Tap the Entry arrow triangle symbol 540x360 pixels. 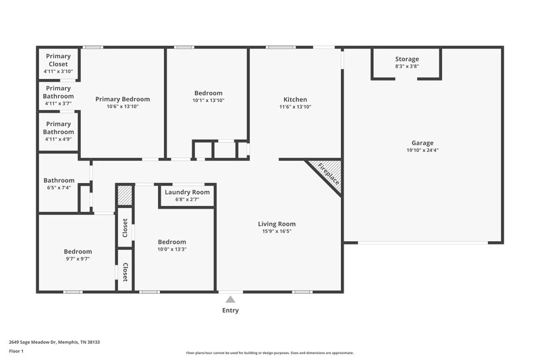point(230,299)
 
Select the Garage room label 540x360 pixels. point(423,143)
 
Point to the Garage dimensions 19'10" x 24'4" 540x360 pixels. point(423,151)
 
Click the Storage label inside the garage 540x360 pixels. point(407,59)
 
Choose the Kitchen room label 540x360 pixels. point(296,99)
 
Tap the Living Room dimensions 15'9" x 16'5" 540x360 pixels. point(277,232)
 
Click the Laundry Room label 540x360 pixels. point(187,192)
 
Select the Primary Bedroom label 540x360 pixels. point(122,99)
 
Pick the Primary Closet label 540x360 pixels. point(58,60)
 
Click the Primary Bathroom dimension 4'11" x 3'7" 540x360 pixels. point(58,103)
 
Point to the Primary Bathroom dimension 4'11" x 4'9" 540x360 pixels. point(58,139)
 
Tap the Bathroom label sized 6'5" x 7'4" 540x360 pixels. point(58,180)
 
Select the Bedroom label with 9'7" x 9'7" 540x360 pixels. point(78,251)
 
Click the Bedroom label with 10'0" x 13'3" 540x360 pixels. point(171,242)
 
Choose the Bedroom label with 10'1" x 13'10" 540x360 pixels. point(208,93)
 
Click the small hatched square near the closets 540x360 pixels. point(125,196)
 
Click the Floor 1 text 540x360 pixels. point(16,351)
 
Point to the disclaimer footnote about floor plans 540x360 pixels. point(270,353)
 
